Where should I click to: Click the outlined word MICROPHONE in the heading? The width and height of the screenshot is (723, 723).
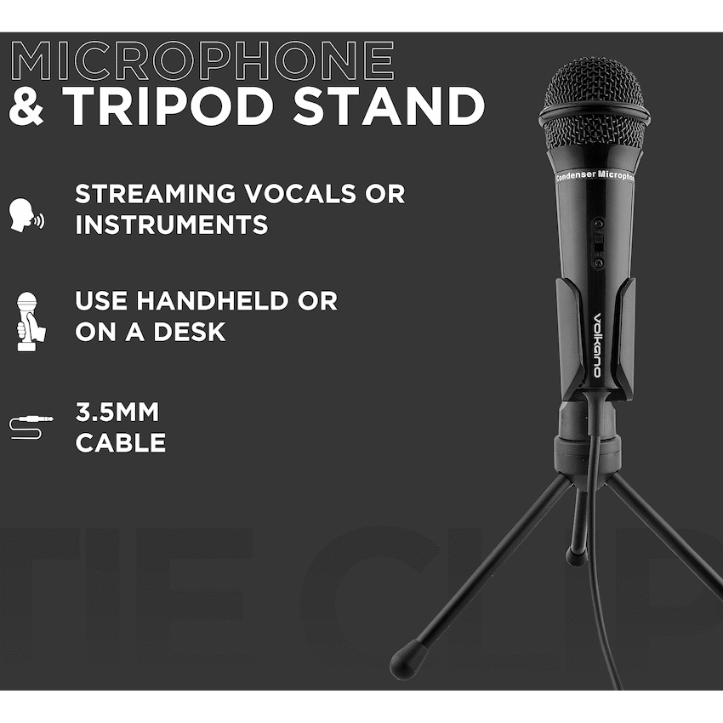coord(202,60)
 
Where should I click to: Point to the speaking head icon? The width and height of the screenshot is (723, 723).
coord(26,215)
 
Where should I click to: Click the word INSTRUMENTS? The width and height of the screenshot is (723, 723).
coord(171,225)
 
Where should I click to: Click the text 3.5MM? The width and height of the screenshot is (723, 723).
coord(117,413)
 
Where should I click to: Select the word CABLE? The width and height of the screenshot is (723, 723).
coord(120,443)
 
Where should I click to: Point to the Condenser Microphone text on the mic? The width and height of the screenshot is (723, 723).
coord(595,176)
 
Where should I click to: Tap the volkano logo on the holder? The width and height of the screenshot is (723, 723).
coord(597,344)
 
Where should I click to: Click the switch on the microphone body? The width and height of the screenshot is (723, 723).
coord(598,242)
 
